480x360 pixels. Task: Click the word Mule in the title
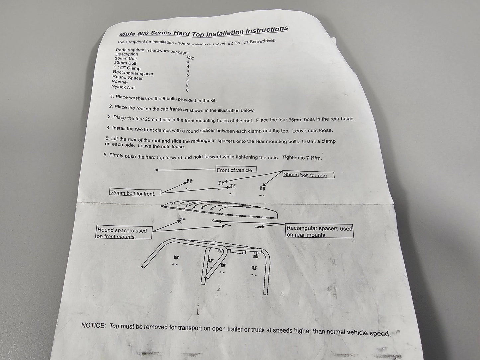(x=127, y=34)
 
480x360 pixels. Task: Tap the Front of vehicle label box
(x=236, y=170)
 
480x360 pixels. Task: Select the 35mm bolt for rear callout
(x=308, y=175)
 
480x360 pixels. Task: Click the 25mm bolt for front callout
(x=135, y=193)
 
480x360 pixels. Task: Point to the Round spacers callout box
(x=124, y=232)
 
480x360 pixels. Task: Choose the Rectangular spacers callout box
(x=320, y=231)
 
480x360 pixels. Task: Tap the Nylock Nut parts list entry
(x=123, y=87)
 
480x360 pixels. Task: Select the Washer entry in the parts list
(x=120, y=82)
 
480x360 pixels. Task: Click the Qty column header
(x=190, y=57)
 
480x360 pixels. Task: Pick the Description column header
(x=127, y=54)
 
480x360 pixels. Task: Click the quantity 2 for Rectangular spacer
(x=188, y=76)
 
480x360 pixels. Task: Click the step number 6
(x=106, y=155)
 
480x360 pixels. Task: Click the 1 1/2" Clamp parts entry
(x=127, y=68)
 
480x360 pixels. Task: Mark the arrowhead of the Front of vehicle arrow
(x=156, y=170)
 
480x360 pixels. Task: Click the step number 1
(x=112, y=96)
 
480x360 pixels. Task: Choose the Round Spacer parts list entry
(x=128, y=77)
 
